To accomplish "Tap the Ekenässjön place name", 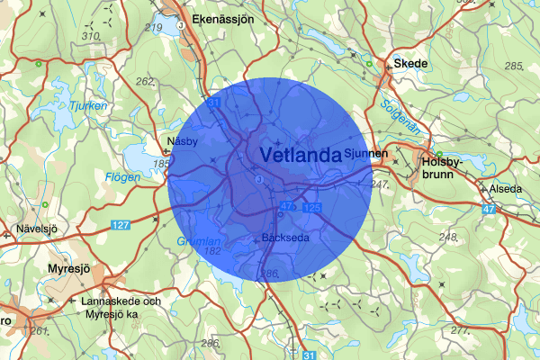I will pyautogui.click(x=223, y=18).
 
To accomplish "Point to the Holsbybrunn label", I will pyautogui.click(x=440, y=169).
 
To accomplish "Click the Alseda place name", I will pyautogui.click(x=505, y=189).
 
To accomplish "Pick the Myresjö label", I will pyautogui.click(x=72, y=268).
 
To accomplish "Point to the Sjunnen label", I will pyautogui.click(x=364, y=155).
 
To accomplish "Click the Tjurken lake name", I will pyautogui.click(x=87, y=106).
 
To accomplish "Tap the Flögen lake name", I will pyautogui.click(x=122, y=177).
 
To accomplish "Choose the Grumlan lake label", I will pyautogui.click(x=197, y=240).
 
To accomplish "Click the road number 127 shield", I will pyautogui.click(x=122, y=224).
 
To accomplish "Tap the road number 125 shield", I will pyautogui.click(x=312, y=208).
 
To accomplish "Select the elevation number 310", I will pyautogui.click(x=91, y=35).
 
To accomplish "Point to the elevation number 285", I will pyautogui.click(x=514, y=67).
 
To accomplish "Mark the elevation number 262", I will pyautogui.click(x=146, y=81).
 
